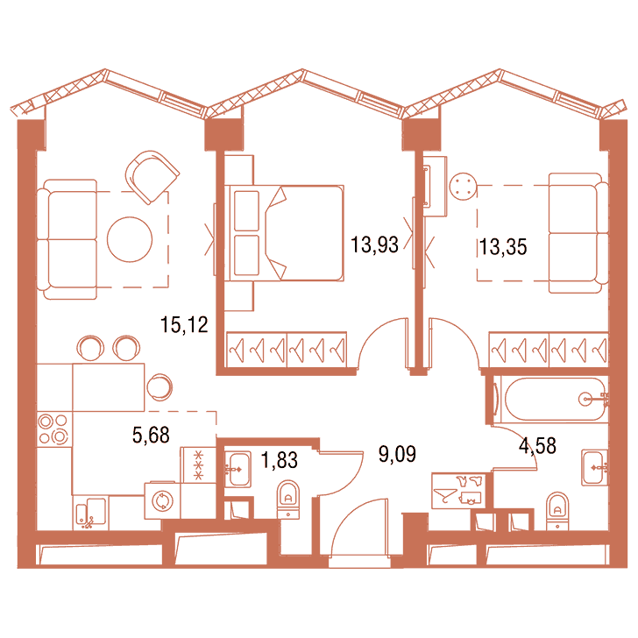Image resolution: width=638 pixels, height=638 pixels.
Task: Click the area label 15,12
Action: coord(184,324)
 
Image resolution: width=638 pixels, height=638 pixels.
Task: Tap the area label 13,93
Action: coord(374,245)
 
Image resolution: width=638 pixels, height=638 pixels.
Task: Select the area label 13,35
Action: coord(503,247)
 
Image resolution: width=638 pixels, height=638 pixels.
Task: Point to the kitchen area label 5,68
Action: coord(151,435)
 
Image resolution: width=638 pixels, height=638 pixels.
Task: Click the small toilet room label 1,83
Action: coord(279,460)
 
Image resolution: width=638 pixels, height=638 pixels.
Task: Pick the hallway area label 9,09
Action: coord(397,454)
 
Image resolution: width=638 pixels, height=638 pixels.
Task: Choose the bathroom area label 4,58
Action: coord(537,446)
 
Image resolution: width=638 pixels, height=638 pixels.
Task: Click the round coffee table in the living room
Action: coord(130,239)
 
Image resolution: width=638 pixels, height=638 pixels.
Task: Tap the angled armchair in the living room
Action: coord(152,177)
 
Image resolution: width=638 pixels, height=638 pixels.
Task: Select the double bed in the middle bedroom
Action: coord(285,233)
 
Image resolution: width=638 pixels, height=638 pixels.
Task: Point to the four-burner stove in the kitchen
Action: coord(54,429)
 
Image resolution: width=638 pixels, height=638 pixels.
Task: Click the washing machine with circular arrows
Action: coord(162,501)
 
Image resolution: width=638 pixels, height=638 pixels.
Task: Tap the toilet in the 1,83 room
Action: coord(288,500)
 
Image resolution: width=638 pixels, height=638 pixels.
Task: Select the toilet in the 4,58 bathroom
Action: coord(557,512)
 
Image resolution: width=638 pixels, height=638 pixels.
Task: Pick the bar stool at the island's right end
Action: coord(159,387)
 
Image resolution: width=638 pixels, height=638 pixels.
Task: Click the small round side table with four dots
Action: coord(463,187)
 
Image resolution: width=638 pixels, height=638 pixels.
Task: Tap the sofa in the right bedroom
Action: coord(578,233)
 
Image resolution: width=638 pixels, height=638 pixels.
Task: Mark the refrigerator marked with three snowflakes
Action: coord(198,465)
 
